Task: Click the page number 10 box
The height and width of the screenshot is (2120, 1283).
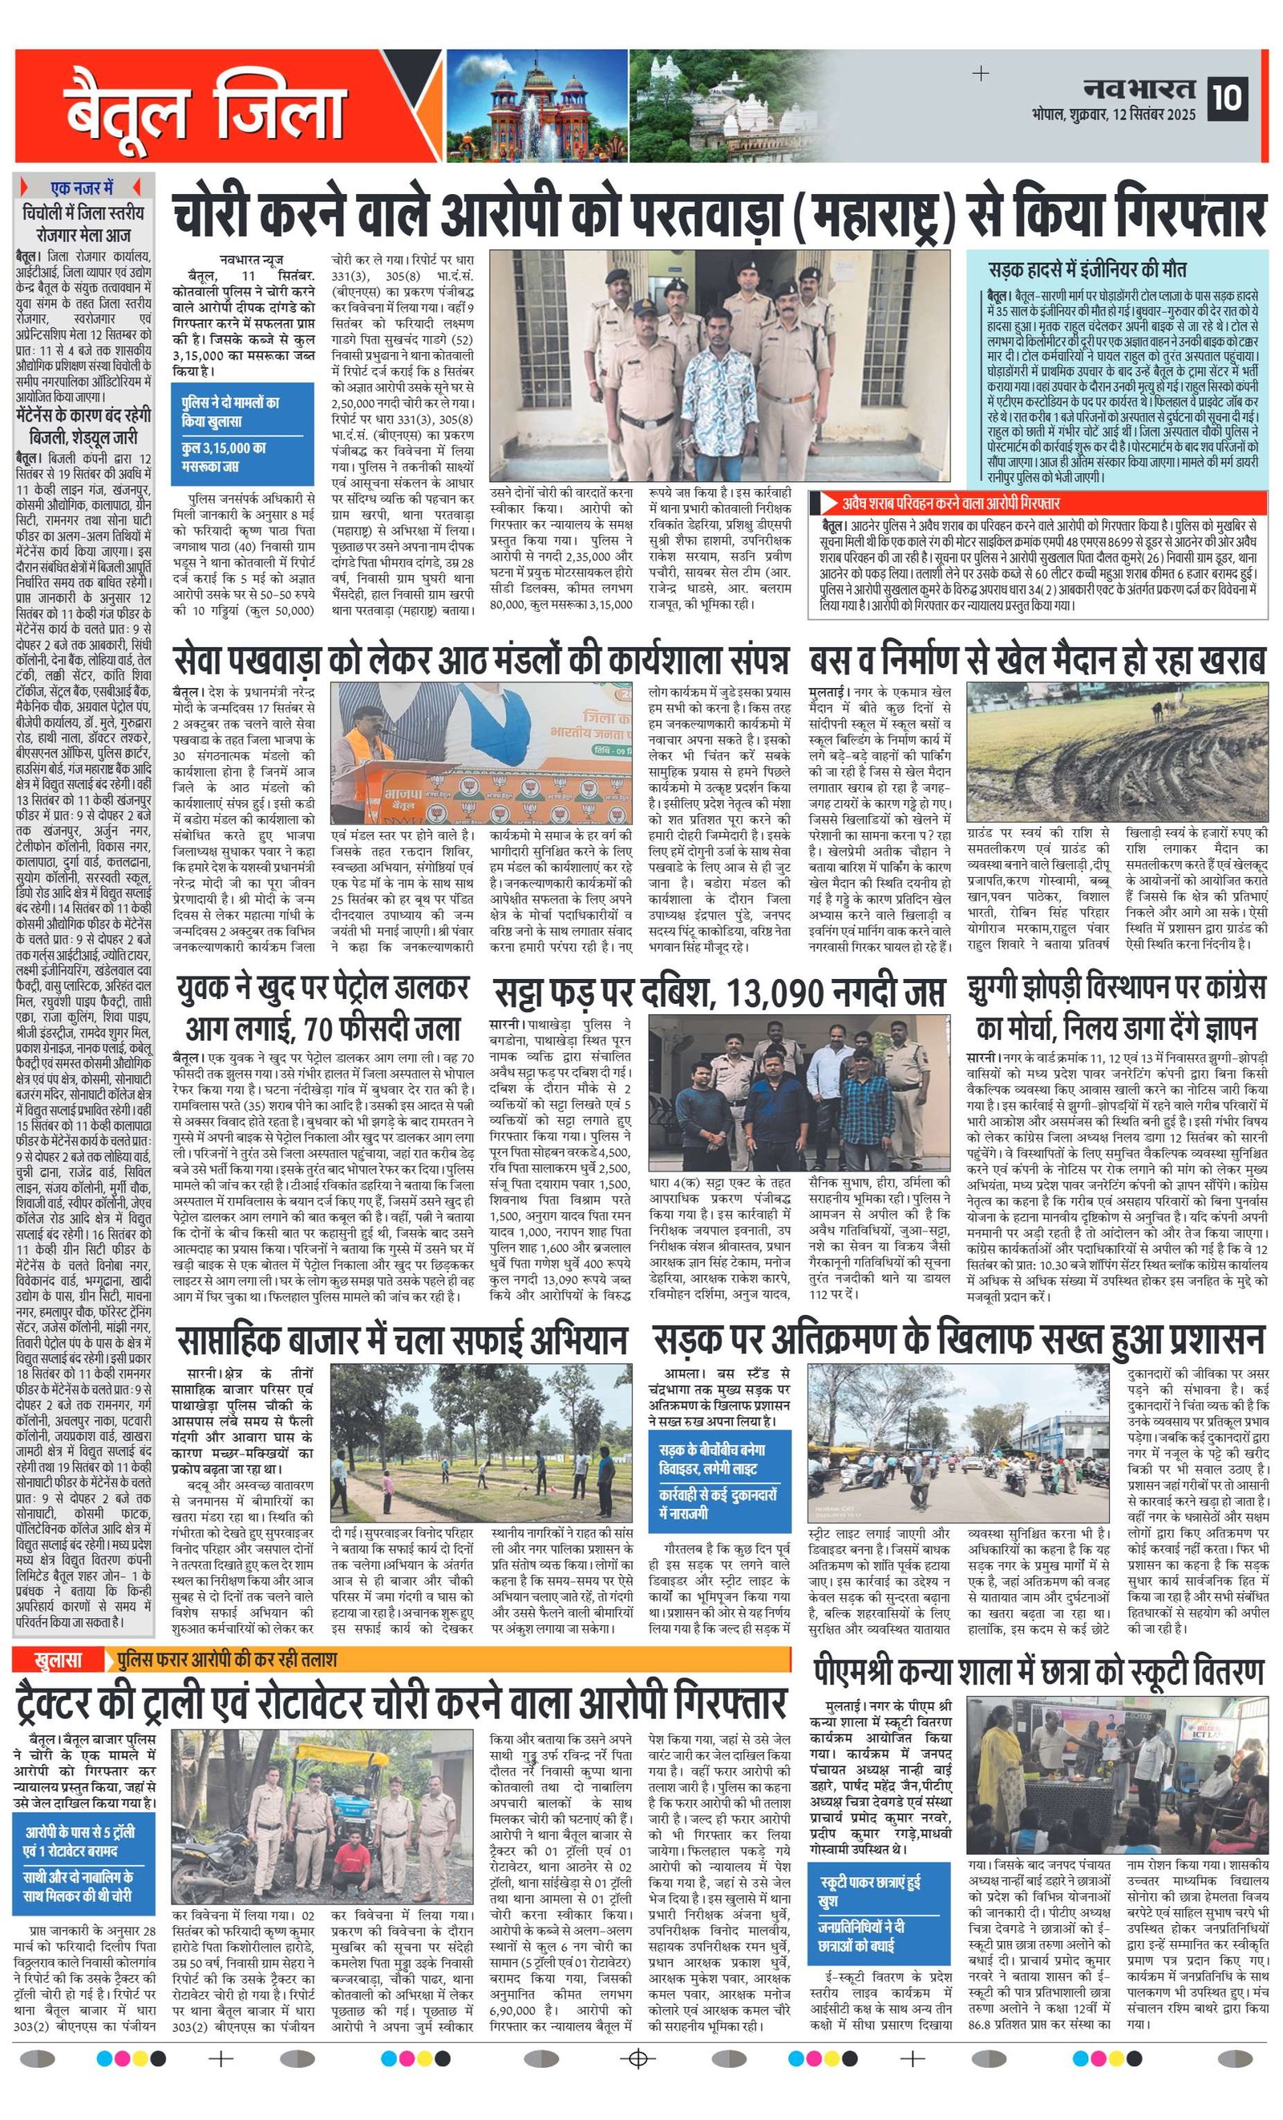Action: click(x=1228, y=98)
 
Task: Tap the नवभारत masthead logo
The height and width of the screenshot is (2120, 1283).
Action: click(x=1141, y=89)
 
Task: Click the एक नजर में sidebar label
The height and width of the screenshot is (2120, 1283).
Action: click(x=83, y=188)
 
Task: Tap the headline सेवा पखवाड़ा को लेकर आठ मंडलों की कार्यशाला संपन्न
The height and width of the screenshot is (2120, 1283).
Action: click(x=480, y=660)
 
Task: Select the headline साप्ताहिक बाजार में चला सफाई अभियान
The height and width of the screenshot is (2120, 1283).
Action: click(x=401, y=1340)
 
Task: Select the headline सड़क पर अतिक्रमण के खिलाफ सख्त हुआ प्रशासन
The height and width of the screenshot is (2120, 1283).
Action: click(x=957, y=1340)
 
